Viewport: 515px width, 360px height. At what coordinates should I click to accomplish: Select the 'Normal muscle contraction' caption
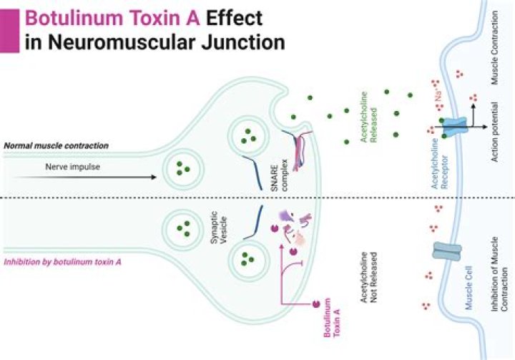pos(56,145)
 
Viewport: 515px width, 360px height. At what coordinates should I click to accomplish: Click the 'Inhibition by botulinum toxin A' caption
pos(62,262)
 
